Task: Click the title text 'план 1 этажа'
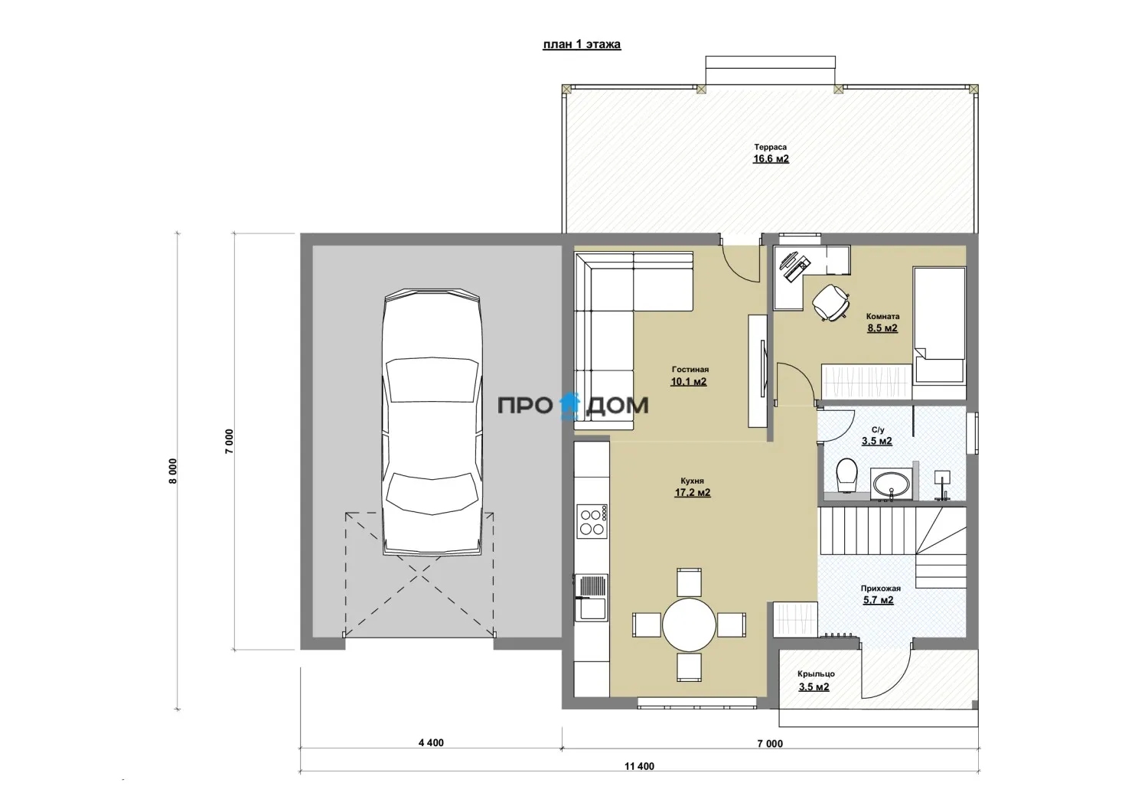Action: click(582, 44)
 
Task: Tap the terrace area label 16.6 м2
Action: click(771, 159)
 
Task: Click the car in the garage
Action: click(432, 422)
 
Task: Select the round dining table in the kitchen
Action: click(689, 625)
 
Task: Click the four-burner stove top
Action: click(592, 521)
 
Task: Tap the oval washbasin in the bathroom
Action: click(892, 483)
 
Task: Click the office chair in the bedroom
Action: click(830, 302)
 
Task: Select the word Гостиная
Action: click(690, 369)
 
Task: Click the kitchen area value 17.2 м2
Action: click(693, 493)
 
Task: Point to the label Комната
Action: click(882, 316)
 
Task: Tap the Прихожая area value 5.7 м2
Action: click(879, 600)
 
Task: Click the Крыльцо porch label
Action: click(816, 673)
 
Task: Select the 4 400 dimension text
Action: click(431, 743)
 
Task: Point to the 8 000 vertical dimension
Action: click(173, 471)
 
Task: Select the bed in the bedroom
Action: click(939, 325)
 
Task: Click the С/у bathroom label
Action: click(877, 429)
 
